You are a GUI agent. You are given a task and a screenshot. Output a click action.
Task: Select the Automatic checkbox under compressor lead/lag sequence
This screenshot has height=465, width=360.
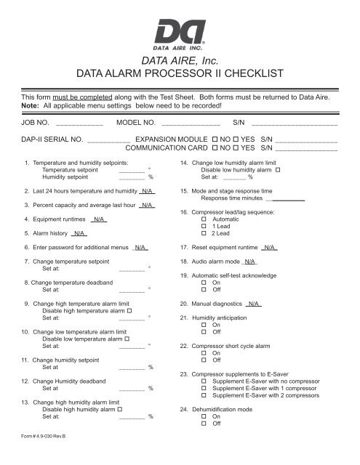coord(204,218)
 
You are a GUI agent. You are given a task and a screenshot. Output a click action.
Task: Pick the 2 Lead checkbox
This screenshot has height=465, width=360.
coord(204,234)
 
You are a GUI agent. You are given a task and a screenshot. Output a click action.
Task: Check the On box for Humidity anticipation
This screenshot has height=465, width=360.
coord(204,325)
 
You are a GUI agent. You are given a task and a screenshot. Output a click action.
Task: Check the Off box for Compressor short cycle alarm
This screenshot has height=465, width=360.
coord(204,360)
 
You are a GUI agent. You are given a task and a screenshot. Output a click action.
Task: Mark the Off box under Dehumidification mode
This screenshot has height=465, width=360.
coord(204,423)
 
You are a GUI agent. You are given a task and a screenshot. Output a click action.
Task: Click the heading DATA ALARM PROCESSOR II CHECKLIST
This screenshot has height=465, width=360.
coord(180,75)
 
